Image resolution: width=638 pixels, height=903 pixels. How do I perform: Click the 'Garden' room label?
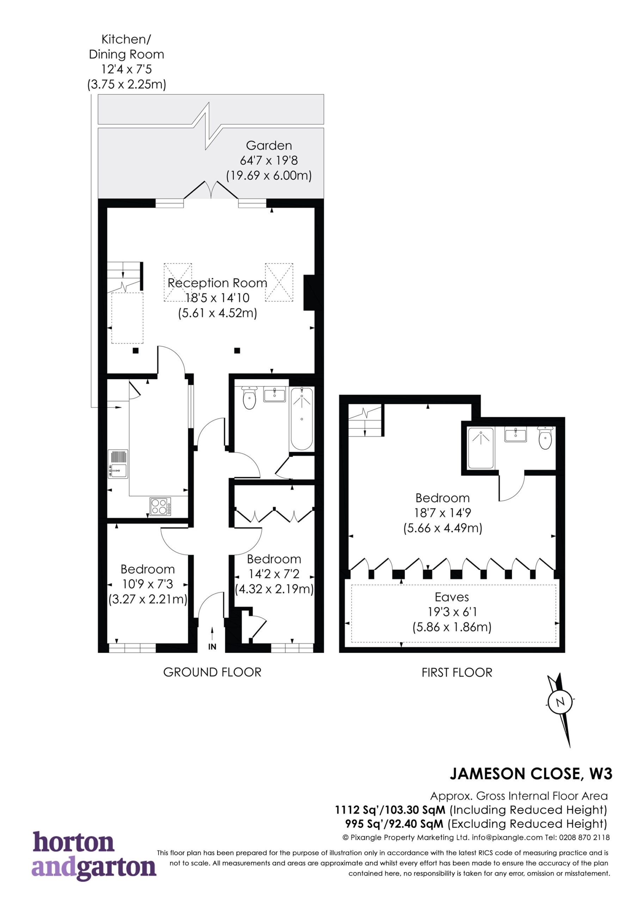(x=269, y=146)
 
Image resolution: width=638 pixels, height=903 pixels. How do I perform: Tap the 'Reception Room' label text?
(x=217, y=283)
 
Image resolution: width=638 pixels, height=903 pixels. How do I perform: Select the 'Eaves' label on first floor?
(x=452, y=597)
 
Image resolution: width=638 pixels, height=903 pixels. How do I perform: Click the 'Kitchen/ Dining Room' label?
(x=126, y=47)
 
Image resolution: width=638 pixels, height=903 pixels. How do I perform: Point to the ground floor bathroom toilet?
(x=249, y=398)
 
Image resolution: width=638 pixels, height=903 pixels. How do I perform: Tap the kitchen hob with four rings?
(x=160, y=507)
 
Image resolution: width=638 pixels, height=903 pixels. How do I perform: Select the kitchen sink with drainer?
(x=118, y=464)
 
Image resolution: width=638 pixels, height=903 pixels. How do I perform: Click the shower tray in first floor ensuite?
(x=480, y=448)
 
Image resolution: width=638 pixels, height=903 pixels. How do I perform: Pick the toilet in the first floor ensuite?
(x=545, y=438)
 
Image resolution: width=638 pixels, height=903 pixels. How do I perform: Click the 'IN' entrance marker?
(x=212, y=647)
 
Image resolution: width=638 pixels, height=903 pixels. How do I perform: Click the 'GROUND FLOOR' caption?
(x=212, y=672)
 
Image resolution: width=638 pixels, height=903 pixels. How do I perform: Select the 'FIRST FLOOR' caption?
(x=457, y=673)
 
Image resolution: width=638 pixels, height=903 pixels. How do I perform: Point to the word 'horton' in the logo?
(x=74, y=842)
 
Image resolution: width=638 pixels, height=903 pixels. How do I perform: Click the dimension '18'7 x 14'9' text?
(x=443, y=513)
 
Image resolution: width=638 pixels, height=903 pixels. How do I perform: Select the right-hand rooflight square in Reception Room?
(x=279, y=283)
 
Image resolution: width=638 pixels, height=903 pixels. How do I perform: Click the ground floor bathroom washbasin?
(x=274, y=394)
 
